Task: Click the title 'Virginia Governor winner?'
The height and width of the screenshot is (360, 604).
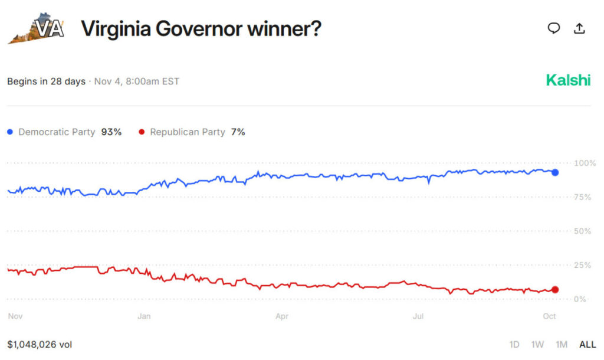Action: (x=201, y=28)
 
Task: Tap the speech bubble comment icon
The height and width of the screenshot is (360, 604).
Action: (x=553, y=28)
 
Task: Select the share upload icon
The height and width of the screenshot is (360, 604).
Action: (x=579, y=28)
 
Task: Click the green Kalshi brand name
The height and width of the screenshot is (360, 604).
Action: (x=567, y=80)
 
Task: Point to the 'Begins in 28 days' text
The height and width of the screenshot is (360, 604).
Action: (x=46, y=81)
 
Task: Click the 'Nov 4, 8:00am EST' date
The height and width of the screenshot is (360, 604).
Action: (x=137, y=81)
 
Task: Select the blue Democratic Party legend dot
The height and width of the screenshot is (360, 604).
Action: (x=9, y=132)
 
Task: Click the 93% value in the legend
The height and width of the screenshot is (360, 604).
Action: (x=111, y=132)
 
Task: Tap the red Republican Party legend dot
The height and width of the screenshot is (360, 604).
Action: (x=141, y=132)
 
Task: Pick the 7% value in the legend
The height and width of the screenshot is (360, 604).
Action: (x=238, y=132)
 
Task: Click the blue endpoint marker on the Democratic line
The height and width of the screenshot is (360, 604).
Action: (x=554, y=172)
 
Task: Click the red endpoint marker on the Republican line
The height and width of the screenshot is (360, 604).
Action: (x=554, y=289)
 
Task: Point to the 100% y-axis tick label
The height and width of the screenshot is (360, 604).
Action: (x=585, y=163)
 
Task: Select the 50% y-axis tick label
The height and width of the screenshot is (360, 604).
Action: (x=583, y=231)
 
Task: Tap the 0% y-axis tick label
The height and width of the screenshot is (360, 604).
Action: (x=580, y=299)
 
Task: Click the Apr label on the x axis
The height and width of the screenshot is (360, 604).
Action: (x=282, y=316)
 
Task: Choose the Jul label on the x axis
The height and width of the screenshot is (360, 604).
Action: (x=418, y=316)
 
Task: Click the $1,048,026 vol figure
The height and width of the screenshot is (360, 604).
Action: (x=40, y=344)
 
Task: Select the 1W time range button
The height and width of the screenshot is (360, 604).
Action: (x=537, y=344)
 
